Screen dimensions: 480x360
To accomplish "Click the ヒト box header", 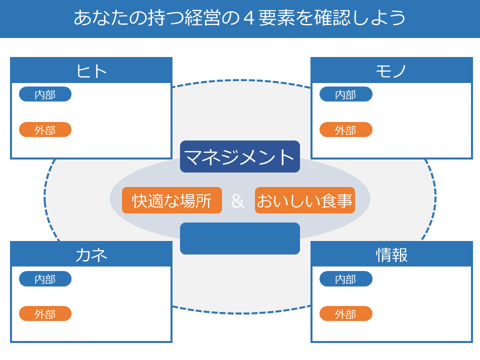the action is coord(91,70).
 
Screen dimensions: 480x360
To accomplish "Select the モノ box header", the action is coord(391,70).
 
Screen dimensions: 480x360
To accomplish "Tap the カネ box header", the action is coord(91,254).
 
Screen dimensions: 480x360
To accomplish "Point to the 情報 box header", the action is coord(391,254).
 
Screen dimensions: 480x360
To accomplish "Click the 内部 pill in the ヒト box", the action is coord(45,94).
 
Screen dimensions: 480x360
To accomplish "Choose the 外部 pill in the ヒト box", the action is coord(45,129).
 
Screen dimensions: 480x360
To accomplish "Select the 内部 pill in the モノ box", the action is coord(346,94).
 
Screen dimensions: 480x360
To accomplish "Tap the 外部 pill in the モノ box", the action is coord(346,129).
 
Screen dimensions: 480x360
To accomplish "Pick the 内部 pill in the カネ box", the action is coord(45,279).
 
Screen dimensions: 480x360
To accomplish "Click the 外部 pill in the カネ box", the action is coord(45,313).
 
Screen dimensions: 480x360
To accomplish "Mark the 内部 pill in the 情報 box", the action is coord(346,279).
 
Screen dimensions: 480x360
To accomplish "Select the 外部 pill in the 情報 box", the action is coord(346,313).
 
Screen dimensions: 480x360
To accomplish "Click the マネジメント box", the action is coord(240,156).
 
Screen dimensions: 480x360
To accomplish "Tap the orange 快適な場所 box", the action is coord(172,200).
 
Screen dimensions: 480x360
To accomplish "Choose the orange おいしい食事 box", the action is coord(305,200).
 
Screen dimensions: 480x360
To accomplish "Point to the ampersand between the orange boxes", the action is coord(238,201).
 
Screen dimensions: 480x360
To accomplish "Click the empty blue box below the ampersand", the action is coord(240,238).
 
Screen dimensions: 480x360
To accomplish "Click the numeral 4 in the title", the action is coord(249,18).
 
